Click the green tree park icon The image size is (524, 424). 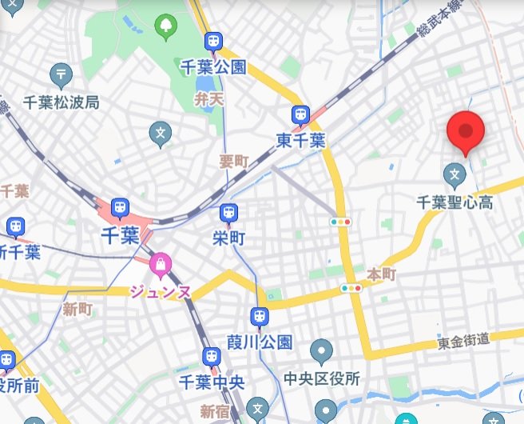166,27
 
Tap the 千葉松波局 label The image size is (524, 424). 61,102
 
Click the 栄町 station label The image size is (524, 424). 228,238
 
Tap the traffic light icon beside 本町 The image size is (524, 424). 351,288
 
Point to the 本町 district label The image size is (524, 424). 381,274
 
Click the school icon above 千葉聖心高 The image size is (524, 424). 455,172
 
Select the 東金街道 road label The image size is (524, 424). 474,342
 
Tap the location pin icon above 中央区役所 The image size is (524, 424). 322,350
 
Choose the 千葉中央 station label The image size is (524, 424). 212,382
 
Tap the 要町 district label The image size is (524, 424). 234,161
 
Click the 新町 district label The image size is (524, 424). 77,309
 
